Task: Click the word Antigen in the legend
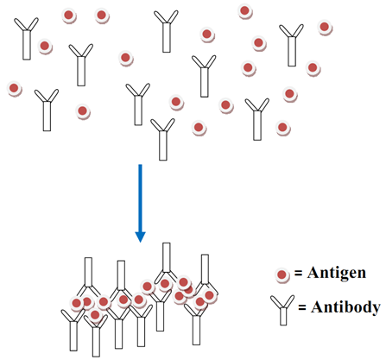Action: (337, 273)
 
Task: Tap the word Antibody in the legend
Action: (345, 307)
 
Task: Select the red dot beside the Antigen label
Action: (282, 275)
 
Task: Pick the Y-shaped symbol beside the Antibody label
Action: (283, 310)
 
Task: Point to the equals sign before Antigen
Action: (298, 274)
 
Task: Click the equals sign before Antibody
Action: (302, 308)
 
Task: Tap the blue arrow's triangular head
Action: (140, 237)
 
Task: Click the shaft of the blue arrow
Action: (140, 198)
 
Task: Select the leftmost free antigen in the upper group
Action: (14, 88)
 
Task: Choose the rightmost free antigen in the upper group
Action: (325, 27)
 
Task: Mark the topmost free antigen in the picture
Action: (244, 11)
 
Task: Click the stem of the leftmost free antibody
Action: (27, 45)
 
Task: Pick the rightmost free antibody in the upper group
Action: (292, 45)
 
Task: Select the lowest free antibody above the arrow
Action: (163, 139)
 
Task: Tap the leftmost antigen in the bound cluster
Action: (77, 303)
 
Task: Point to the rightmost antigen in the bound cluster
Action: (209, 295)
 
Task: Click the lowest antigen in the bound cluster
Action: (95, 315)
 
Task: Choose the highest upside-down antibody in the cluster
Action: (167, 262)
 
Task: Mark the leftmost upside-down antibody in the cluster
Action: (88, 276)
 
